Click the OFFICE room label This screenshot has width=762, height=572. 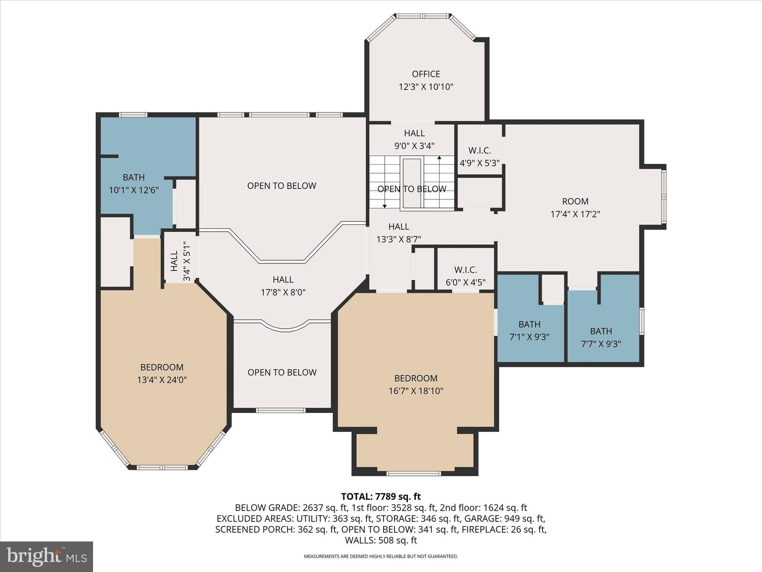426,74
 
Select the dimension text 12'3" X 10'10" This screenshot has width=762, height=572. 426,87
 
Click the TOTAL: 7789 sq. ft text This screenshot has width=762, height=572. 381,496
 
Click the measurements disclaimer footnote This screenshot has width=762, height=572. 381,556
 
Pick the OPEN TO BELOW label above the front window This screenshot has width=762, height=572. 282,372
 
